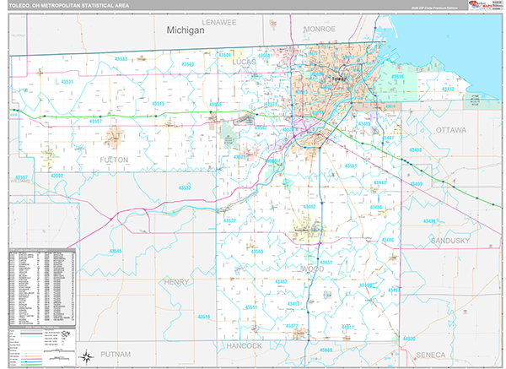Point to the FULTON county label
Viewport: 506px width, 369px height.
click(x=114, y=159)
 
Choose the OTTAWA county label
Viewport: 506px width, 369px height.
click(x=456, y=130)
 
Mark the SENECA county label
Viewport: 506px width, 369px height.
click(x=455, y=354)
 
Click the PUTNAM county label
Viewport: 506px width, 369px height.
click(x=116, y=354)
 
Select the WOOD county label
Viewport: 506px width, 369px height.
click(x=325, y=270)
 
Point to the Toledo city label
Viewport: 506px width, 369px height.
click(x=339, y=79)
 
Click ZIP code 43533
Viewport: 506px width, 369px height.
click(x=121, y=59)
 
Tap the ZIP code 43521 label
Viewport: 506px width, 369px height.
click(x=67, y=82)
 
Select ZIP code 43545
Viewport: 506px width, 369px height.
click(x=115, y=251)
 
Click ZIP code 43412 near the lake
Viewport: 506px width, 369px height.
click(x=448, y=89)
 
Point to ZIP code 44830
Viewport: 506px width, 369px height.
click(x=409, y=339)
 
